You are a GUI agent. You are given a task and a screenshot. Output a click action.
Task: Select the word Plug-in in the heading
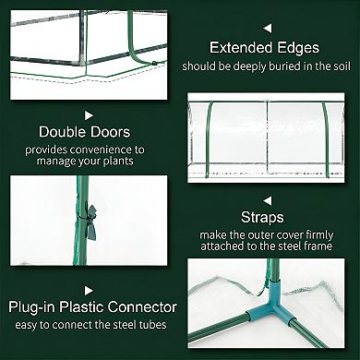[40, 307]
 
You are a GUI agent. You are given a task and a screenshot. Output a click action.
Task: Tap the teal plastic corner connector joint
[285, 317]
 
